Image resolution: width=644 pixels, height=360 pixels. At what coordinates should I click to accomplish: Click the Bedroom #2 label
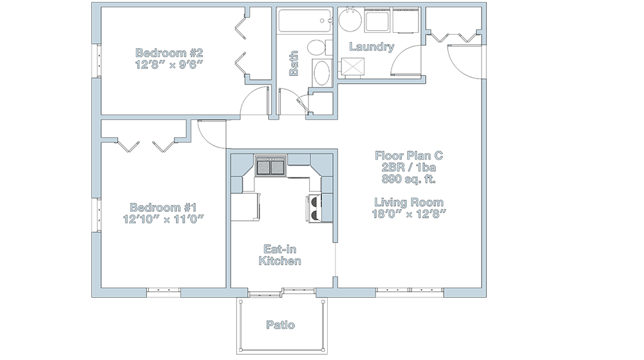(x=169, y=53)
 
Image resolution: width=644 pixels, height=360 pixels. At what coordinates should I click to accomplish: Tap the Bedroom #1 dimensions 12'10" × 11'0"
(x=164, y=219)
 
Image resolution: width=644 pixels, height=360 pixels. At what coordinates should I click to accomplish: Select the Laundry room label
(x=372, y=47)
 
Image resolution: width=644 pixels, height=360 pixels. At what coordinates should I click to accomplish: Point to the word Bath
(x=294, y=63)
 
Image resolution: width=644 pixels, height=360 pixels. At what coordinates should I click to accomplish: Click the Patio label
(x=281, y=325)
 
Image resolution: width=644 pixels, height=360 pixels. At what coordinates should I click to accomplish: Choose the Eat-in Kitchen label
(x=279, y=255)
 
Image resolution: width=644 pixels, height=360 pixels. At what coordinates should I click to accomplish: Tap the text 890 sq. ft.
(x=409, y=179)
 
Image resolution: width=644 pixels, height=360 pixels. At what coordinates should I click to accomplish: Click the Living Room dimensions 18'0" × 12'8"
(x=409, y=214)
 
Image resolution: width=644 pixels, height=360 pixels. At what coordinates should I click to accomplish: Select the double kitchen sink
(x=270, y=166)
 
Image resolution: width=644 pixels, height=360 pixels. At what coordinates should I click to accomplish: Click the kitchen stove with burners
(x=313, y=209)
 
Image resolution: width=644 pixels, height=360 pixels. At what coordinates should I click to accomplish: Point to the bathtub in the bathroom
(x=305, y=21)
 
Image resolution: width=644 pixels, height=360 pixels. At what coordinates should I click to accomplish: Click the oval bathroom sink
(x=323, y=73)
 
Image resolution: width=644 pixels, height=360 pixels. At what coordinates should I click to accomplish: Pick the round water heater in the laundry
(x=350, y=19)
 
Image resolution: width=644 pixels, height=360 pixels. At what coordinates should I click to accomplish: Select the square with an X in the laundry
(x=353, y=67)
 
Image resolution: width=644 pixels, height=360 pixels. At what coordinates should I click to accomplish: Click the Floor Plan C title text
(x=409, y=156)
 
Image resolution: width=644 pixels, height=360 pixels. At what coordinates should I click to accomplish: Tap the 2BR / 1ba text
(x=409, y=167)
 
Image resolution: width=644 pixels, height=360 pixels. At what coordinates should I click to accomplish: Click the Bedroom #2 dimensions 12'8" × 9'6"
(x=169, y=64)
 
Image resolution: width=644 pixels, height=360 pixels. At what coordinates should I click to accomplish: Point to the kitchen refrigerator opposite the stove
(x=245, y=207)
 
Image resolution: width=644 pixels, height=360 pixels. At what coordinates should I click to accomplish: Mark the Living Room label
(x=409, y=202)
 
